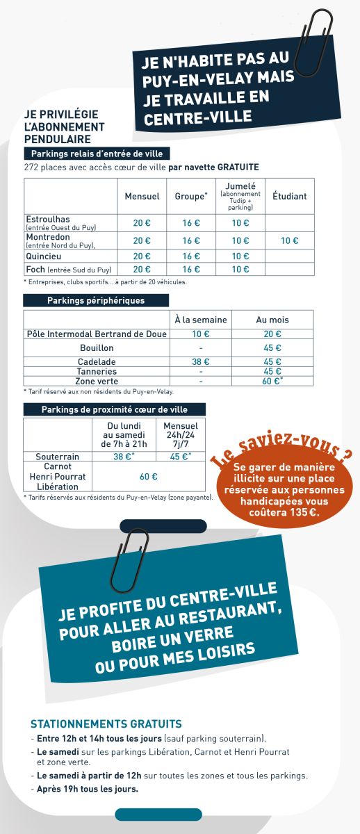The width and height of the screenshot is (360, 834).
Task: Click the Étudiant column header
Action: (289, 196)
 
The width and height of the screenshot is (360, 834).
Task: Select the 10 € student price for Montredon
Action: (289, 240)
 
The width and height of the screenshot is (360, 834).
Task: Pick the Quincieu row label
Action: (43, 255)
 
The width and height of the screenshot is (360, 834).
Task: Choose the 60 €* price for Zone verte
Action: (272, 381)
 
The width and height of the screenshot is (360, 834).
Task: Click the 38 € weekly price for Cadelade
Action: (200, 361)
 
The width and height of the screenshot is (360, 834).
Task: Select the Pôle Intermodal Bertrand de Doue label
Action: (97, 334)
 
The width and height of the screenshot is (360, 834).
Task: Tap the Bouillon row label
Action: (97, 347)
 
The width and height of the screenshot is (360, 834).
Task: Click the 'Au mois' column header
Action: (272, 320)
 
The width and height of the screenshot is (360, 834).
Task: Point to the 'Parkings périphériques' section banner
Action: (96, 300)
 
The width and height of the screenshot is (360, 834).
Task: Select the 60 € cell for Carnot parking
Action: (149, 477)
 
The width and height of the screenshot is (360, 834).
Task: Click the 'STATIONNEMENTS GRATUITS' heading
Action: (106, 723)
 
